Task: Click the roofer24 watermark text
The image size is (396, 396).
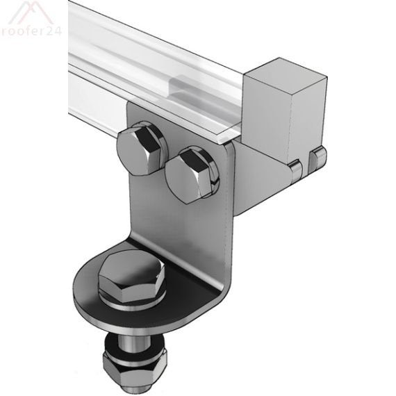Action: click(31, 31)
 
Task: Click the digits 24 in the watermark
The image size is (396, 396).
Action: click(54, 31)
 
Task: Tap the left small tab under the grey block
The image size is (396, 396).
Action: click(295, 166)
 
